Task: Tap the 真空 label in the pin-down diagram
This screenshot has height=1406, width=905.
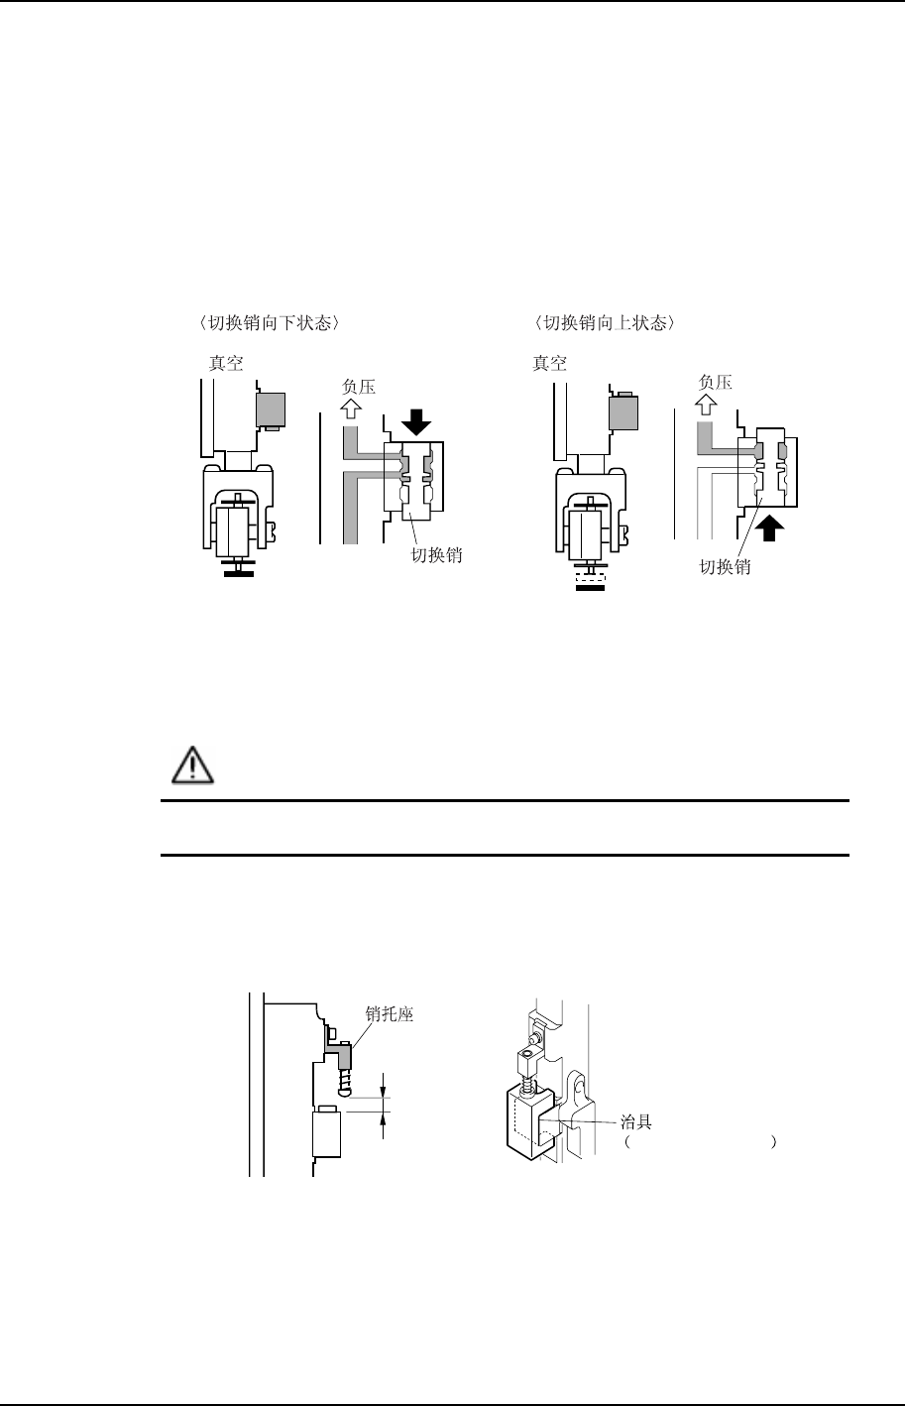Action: coord(225,363)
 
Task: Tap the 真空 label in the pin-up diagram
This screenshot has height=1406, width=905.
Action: coord(550,363)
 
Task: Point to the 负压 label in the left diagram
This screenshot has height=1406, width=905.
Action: coord(358,386)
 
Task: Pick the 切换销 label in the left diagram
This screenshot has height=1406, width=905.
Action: coord(437,556)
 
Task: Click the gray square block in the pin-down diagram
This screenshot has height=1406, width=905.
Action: coord(271,409)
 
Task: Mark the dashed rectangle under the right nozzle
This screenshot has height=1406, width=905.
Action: coord(591,574)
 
